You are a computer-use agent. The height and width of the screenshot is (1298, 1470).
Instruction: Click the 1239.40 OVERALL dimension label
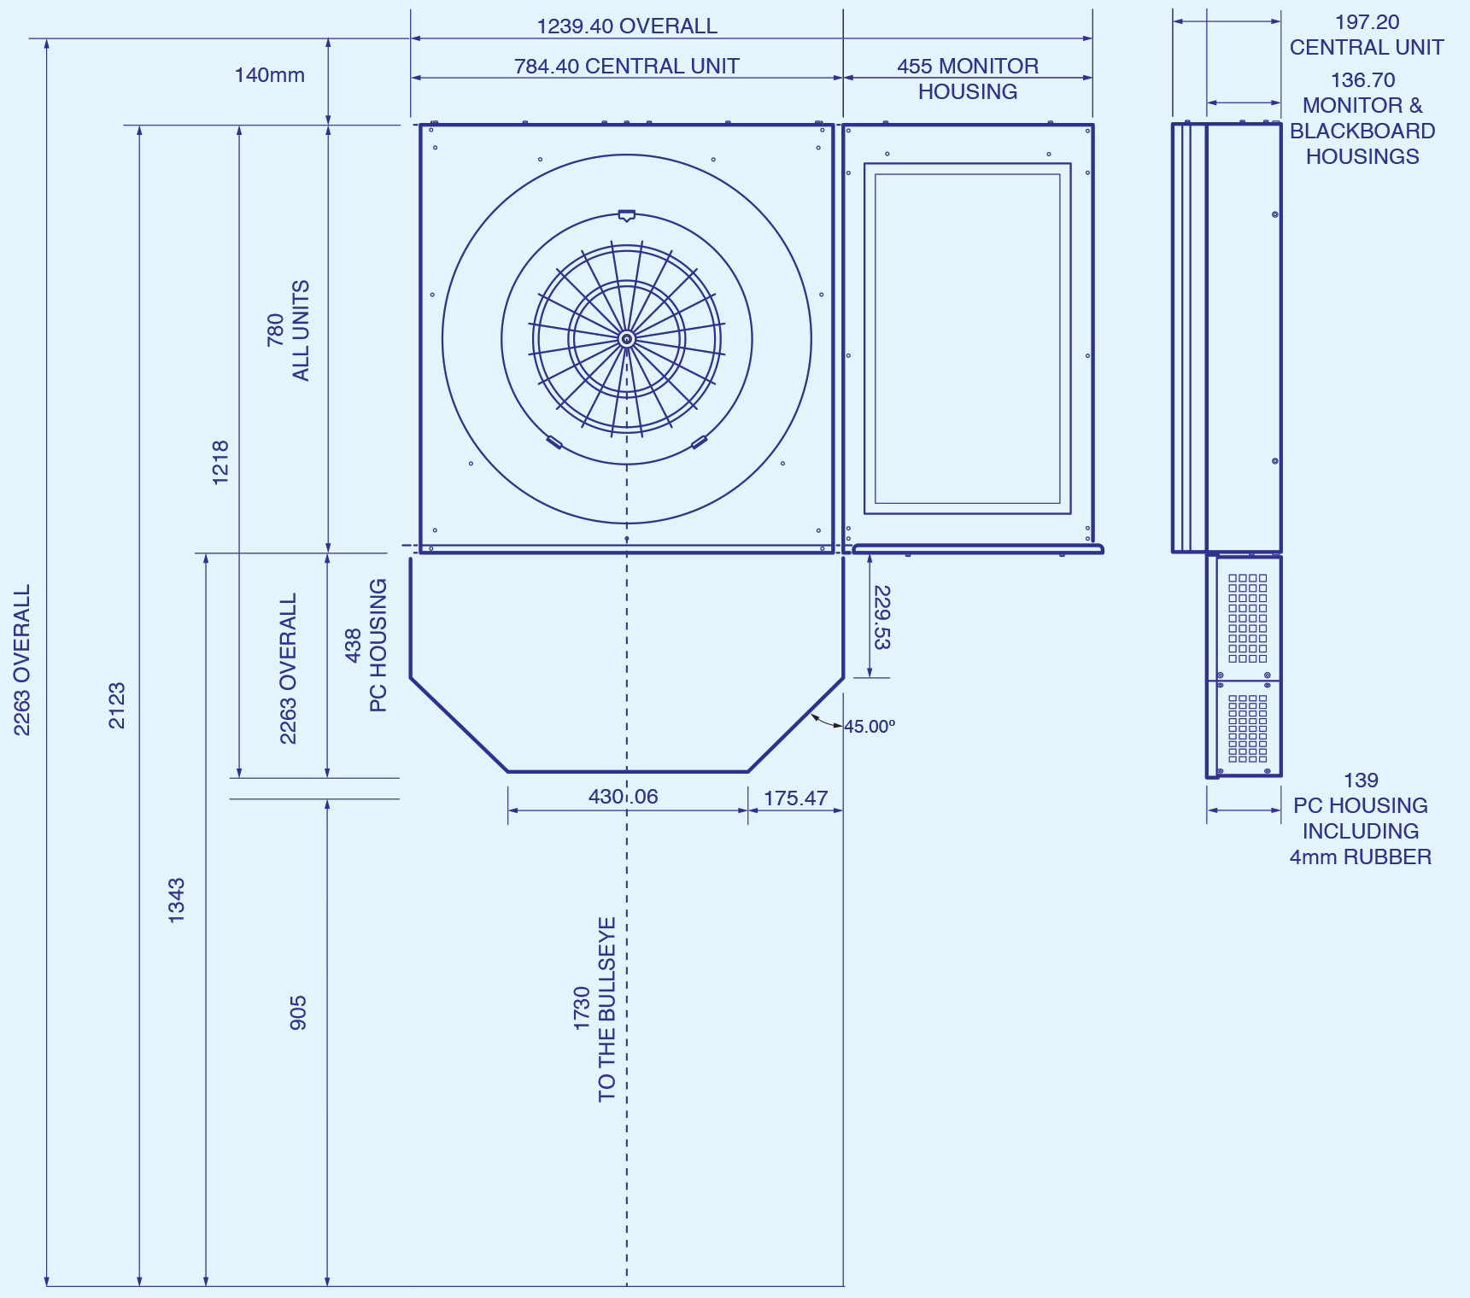[627, 26]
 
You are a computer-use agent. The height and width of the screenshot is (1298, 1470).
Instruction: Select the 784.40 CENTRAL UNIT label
[627, 67]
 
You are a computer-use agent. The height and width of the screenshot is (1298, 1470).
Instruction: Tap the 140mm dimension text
[270, 75]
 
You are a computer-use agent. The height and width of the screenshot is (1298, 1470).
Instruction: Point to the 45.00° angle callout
[870, 727]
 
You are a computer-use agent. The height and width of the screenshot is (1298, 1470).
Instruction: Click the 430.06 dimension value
[624, 797]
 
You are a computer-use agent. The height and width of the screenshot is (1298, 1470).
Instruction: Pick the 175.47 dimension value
[796, 798]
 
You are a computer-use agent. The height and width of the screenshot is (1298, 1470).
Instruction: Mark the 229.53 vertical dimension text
[882, 617]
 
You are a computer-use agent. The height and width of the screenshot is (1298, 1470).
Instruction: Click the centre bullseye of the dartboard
[627, 340]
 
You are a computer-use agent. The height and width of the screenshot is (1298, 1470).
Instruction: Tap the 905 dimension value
[298, 1013]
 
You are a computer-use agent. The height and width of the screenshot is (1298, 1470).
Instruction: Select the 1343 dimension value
[177, 900]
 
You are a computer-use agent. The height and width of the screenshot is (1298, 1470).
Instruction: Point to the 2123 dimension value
[117, 705]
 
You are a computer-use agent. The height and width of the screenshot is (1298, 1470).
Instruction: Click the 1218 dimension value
[220, 463]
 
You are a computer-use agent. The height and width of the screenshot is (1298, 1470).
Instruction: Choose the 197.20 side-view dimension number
[1367, 22]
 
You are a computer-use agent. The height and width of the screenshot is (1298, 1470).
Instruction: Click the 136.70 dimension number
[1362, 80]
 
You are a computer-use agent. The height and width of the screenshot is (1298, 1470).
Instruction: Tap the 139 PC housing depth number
[1361, 781]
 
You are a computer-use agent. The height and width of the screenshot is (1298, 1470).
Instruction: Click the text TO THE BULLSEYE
[607, 1009]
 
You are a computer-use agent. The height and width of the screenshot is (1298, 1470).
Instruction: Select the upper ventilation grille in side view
[1248, 618]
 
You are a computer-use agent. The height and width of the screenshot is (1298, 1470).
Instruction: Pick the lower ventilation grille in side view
[1248, 728]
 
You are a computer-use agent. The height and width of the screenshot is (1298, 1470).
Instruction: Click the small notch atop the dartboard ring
[626, 216]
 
